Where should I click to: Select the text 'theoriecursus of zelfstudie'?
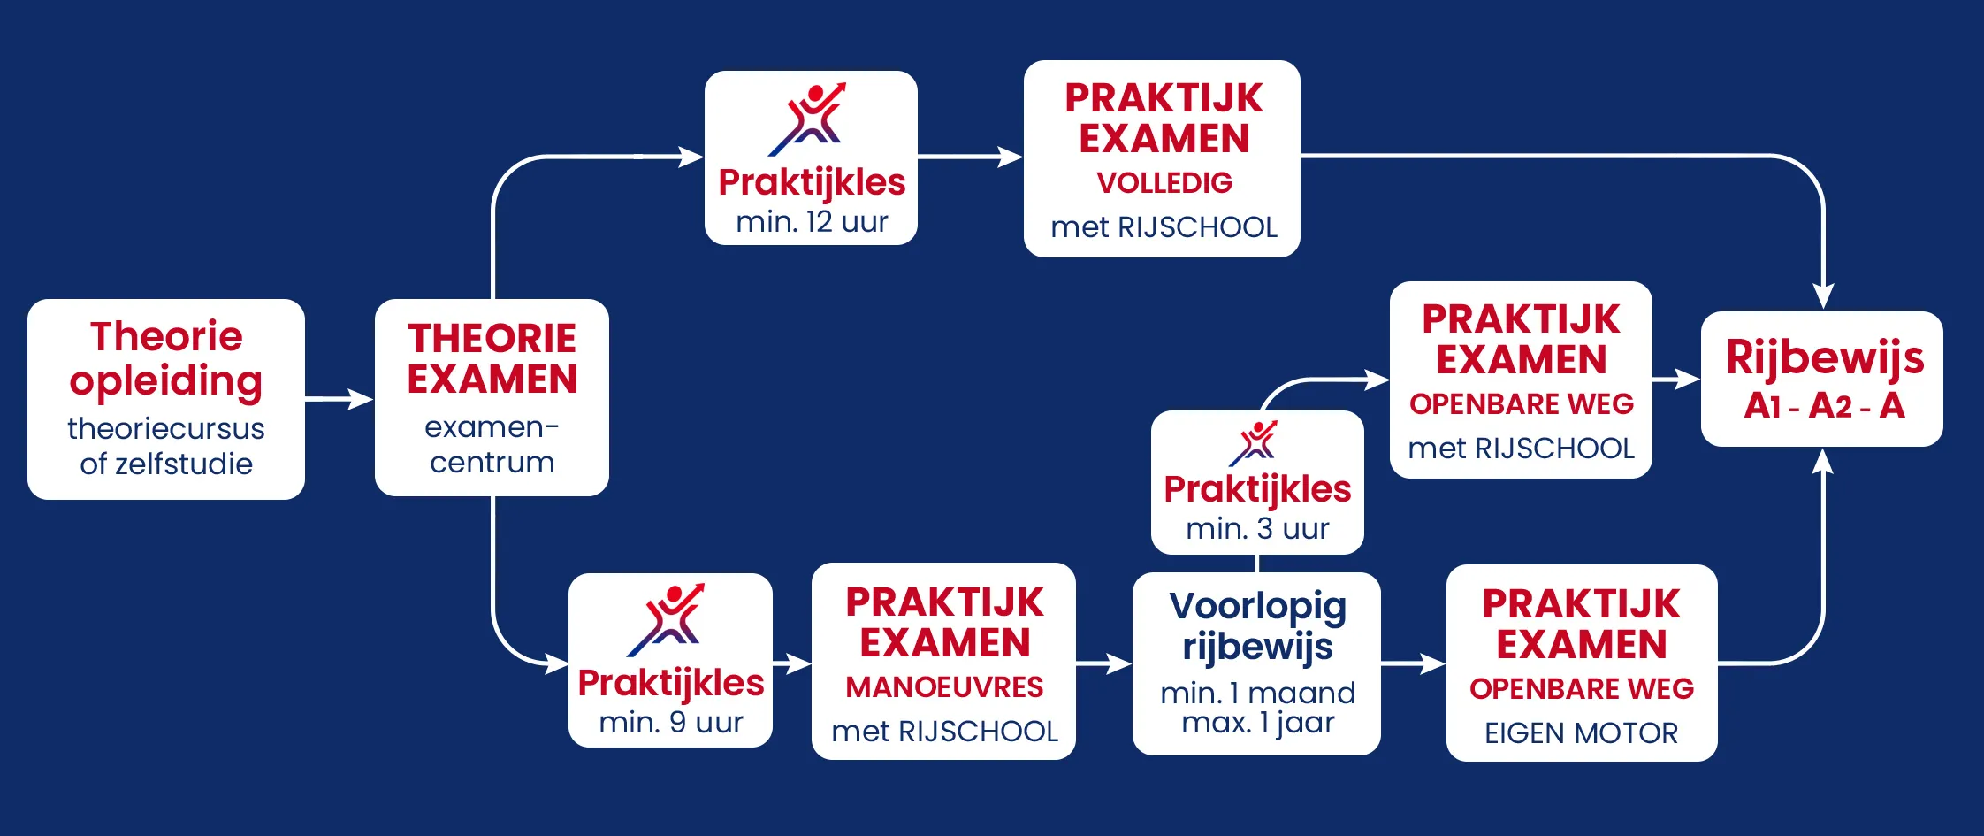pyautogui.click(x=166, y=446)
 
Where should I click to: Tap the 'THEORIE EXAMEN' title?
pyautogui.click(x=492, y=358)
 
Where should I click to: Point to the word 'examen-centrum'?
pyautogui.click(x=492, y=444)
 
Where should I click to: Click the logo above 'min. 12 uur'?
pyautogui.click(x=808, y=119)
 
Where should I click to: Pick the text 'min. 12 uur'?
pyautogui.click(x=812, y=221)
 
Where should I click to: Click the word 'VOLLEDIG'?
pyautogui.click(x=1164, y=183)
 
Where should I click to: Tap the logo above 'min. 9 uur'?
pyautogui.click(x=667, y=619)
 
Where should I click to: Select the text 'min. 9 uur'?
pyautogui.click(x=671, y=723)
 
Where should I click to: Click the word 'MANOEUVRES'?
pyautogui.click(x=944, y=687)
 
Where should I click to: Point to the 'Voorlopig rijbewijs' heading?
pyautogui.click(x=1257, y=626)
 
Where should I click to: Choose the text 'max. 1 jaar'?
pyautogui.click(x=1258, y=724)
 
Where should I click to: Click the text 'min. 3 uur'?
pyautogui.click(x=1257, y=529)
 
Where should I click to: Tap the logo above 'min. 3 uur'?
pyautogui.click(x=1254, y=443)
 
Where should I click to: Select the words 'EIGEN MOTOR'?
pyautogui.click(x=1581, y=733)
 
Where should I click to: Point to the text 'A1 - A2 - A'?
pyautogui.click(x=1824, y=406)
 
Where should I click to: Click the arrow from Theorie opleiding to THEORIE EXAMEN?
pyautogui.click(x=340, y=399)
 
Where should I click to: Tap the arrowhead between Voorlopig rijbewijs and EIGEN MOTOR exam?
pyautogui.click(x=1432, y=663)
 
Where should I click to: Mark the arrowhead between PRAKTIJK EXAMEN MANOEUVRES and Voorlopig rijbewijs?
pyautogui.click(x=1118, y=663)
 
